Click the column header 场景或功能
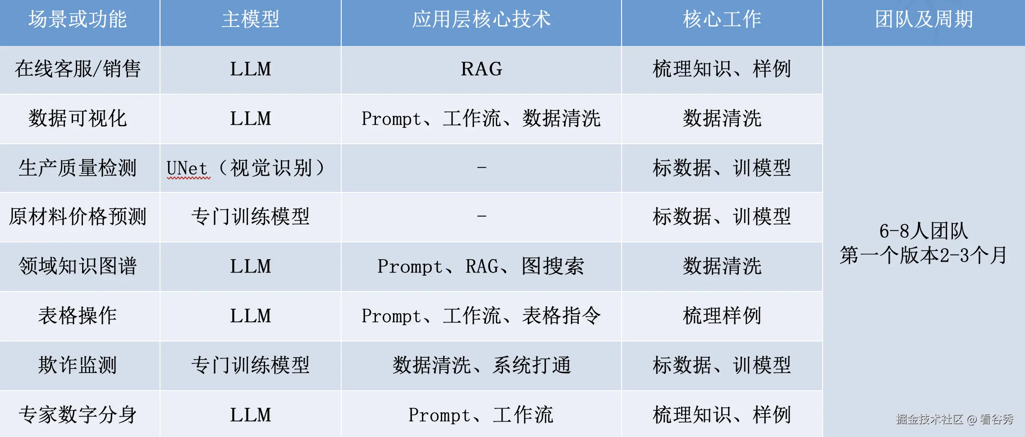(78, 20)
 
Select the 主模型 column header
(251, 20)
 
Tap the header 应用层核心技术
(481, 20)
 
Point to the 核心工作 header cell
(722, 20)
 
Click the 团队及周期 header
(924, 20)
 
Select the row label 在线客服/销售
(78, 69)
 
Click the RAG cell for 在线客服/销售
(481, 69)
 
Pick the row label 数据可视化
(78, 119)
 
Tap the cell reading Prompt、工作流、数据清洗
(481, 119)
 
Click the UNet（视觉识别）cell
(246, 168)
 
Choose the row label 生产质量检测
(78, 168)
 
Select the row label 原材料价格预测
(78, 217)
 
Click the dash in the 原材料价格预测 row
(481, 216)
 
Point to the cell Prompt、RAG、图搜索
(481, 266)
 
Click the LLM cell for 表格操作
(251, 316)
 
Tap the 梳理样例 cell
(722, 316)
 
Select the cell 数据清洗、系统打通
(481, 365)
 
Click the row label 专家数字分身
(78, 415)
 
